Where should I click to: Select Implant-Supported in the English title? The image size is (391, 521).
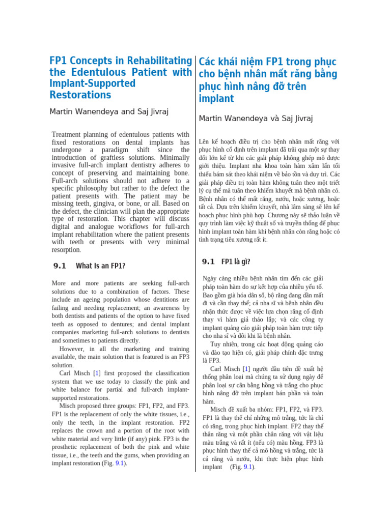coord(92,84)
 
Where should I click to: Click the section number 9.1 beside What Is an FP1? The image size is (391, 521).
coord(60,266)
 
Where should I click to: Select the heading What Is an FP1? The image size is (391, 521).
coord(100,266)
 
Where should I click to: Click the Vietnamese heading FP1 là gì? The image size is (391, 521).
coord(236,262)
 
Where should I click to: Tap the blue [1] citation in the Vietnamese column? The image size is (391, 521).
coord(246,369)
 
